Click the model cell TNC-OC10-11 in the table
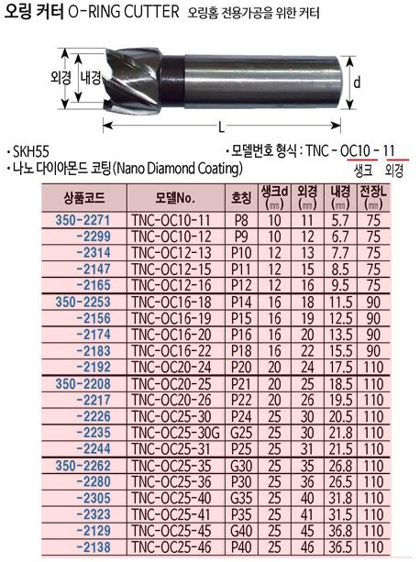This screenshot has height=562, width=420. click(x=171, y=220)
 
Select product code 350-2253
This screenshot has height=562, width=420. click(x=83, y=302)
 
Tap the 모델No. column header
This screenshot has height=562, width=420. click(x=175, y=198)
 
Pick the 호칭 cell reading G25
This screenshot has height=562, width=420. click(x=241, y=433)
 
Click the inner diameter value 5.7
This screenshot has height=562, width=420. click(x=339, y=220)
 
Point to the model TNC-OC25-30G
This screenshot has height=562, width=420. click(x=175, y=433)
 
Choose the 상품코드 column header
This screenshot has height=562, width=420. click(x=84, y=198)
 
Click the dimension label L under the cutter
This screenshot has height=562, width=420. click(x=222, y=127)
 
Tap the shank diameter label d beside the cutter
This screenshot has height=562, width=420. click(x=357, y=83)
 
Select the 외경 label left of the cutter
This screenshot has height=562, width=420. click(x=61, y=77)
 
